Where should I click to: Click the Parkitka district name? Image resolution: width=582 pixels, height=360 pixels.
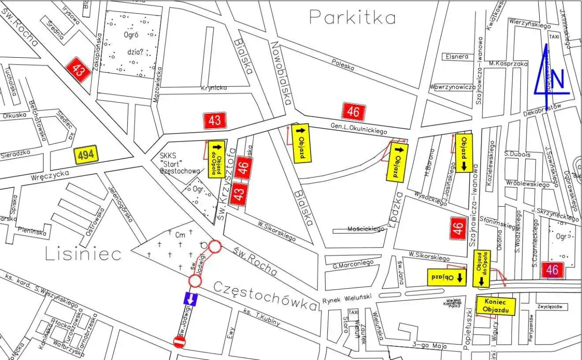coord(352,17)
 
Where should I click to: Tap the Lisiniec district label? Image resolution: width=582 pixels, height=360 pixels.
coord(83,254)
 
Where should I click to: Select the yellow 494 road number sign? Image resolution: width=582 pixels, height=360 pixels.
coord(86,155)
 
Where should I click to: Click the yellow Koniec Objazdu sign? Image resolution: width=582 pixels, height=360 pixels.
coord(495,306)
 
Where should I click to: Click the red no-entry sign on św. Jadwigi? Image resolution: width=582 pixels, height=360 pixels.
coord(180,342)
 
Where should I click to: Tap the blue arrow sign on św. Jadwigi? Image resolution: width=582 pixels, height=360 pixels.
coord(191,299)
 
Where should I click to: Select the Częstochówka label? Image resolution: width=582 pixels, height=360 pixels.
coord(264,296)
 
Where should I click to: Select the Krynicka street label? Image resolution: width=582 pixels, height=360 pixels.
coord(214,88)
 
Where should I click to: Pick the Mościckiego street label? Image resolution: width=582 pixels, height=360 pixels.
coord(366,229)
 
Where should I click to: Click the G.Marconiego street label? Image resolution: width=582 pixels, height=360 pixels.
coord(353,262)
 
